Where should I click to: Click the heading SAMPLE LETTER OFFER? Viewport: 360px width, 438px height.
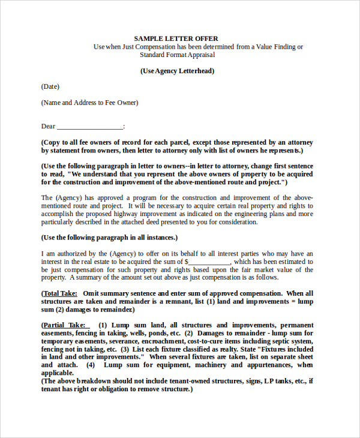[176, 38]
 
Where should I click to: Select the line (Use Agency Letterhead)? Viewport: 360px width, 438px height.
[177, 71]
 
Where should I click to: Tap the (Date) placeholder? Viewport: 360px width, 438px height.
[50, 87]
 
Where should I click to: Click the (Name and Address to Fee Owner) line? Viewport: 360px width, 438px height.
[89, 103]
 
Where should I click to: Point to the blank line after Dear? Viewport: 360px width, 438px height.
[90, 127]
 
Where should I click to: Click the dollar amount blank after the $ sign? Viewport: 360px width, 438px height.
[209, 262]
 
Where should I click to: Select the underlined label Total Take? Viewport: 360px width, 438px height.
[60, 293]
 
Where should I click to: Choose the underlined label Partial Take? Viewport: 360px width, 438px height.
[65, 325]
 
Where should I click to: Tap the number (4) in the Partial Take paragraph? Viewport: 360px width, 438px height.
[91, 365]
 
